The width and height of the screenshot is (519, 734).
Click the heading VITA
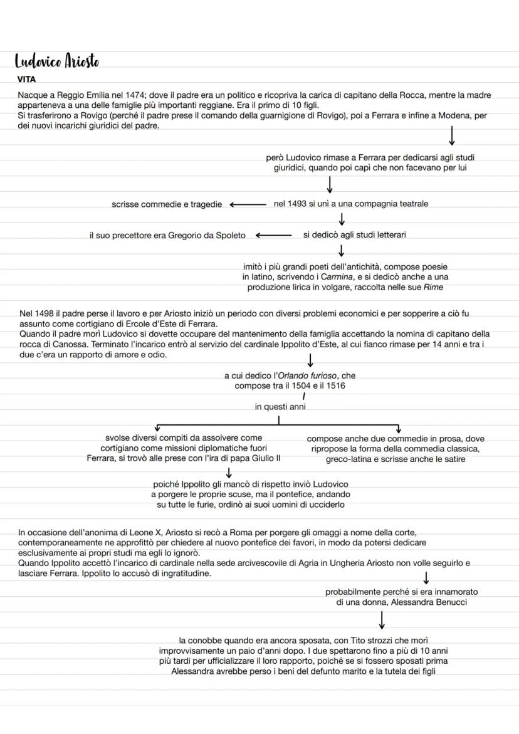click(26, 80)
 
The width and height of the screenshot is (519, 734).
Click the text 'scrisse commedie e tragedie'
click(166, 204)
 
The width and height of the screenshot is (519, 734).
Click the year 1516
click(334, 385)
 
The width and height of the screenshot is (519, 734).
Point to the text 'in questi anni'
click(280, 407)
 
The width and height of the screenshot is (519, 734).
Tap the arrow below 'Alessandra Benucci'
click(381, 620)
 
